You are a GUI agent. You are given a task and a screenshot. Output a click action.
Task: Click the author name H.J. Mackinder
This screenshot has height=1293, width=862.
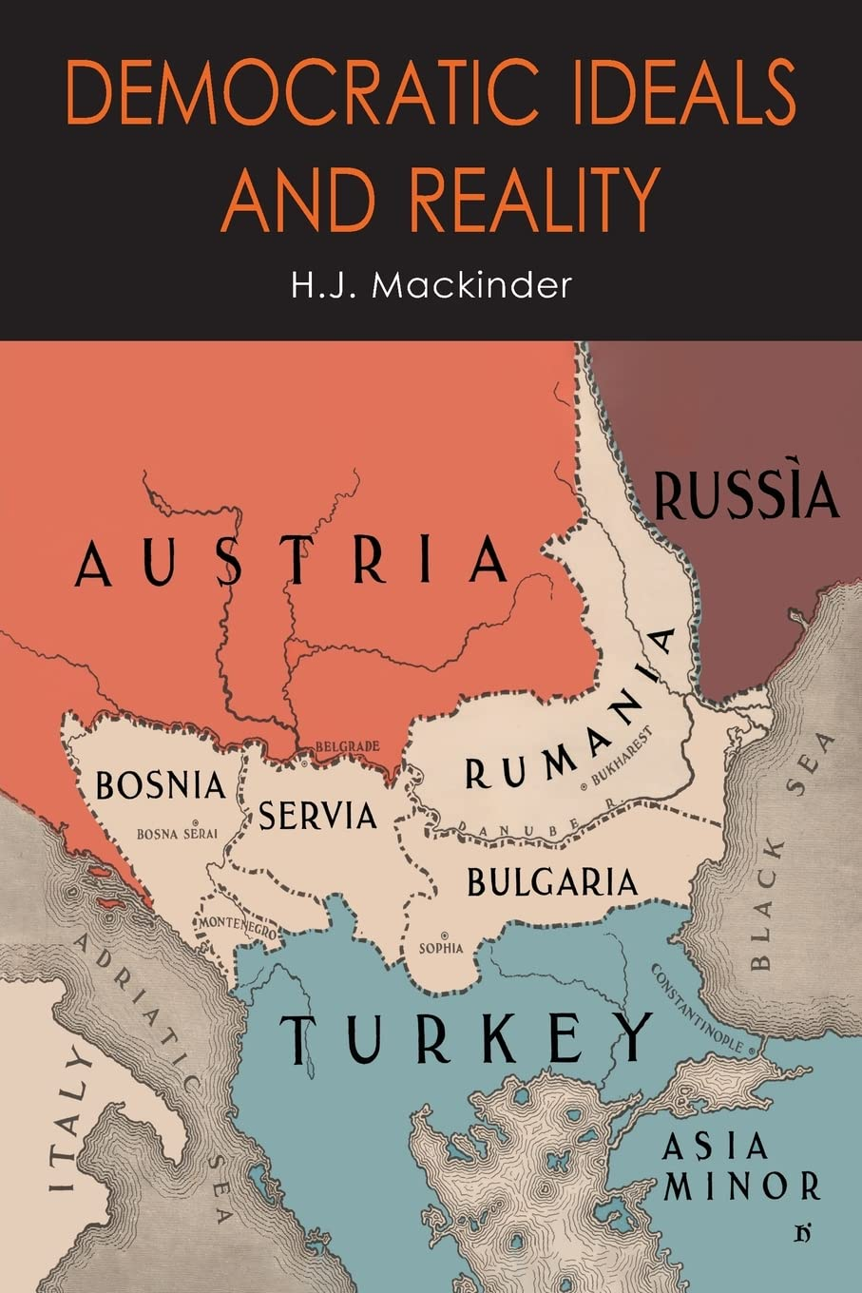431,284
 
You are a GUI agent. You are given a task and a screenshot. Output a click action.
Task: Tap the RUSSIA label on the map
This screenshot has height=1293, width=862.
746,495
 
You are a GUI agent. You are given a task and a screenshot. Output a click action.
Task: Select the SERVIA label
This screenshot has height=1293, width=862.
317,815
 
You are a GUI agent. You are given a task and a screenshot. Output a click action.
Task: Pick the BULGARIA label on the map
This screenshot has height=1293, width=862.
551,883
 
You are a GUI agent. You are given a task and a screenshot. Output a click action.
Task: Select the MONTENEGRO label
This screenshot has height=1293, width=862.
237,928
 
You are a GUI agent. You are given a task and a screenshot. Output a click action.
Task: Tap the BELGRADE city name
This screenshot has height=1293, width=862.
346,746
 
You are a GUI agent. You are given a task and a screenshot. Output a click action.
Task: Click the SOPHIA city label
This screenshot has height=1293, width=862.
441,948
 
